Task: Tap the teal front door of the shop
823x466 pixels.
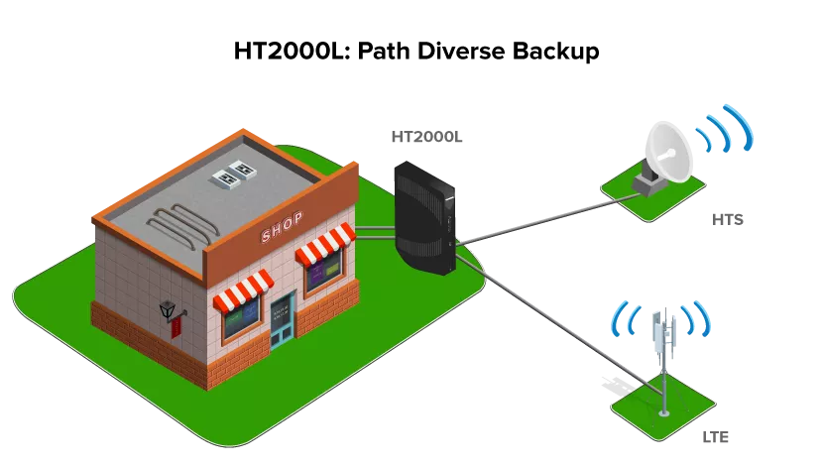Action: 284,320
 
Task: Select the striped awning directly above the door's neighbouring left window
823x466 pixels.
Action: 243,290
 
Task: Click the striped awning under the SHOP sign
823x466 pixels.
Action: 325,242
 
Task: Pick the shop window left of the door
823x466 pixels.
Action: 242,317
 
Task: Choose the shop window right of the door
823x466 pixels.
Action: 323,270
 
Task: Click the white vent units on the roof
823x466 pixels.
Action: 233,174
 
